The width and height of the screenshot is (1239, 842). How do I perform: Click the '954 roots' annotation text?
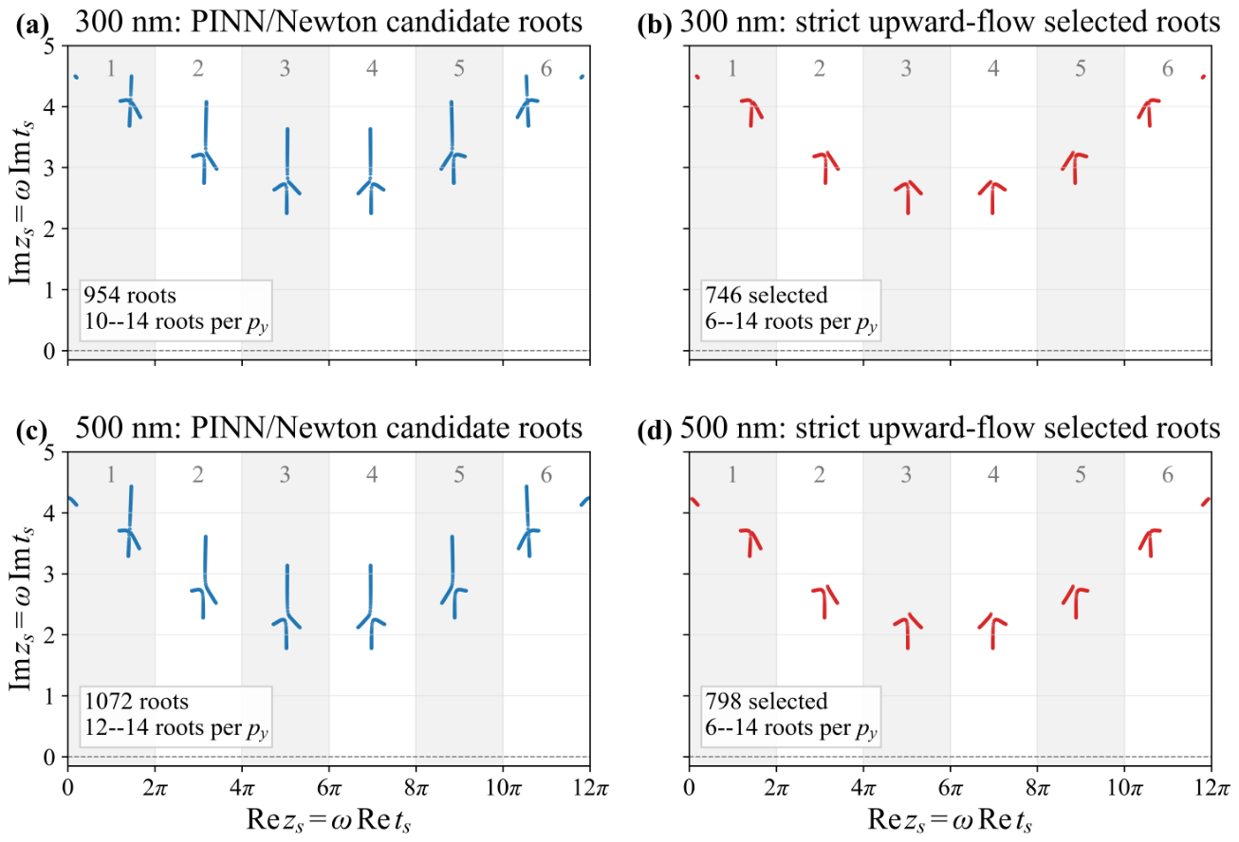(130, 295)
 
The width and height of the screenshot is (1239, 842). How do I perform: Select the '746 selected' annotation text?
(767, 295)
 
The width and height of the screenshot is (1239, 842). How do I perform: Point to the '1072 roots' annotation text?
(136, 702)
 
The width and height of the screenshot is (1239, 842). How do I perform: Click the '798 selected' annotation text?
(767, 702)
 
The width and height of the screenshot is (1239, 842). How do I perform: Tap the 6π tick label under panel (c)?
(329, 787)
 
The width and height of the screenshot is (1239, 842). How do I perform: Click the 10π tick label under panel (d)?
(1124, 787)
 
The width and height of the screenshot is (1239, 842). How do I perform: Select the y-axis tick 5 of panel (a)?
(49, 46)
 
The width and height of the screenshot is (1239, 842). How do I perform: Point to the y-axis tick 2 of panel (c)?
(49, 634)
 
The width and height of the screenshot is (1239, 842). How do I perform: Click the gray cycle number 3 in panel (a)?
(285, 68)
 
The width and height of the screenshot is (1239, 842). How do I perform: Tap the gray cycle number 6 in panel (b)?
(1168, 68)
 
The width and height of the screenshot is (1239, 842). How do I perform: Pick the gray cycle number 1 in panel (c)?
(111, 474)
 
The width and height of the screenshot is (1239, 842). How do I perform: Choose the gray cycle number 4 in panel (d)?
(993, 474)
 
